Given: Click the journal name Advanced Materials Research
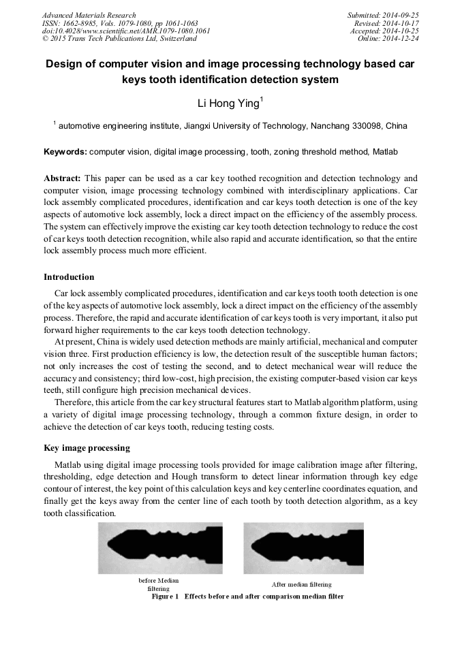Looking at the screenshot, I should click(x=89, y=15).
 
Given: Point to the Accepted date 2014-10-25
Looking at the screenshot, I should click(x=402, y=31).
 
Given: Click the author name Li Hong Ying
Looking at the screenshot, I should click(x=228, y=103).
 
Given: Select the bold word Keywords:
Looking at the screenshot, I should click(x=65, y=151).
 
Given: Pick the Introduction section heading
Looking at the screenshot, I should click(x=69, y=277).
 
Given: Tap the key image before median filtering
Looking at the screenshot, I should click(x=160, y=549).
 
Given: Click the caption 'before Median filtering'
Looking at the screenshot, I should click(x=159, y=584).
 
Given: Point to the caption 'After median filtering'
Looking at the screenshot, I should click(x=302, y=584).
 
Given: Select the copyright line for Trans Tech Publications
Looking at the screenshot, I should click(x=119, y=39).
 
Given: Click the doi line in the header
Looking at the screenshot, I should click(x=125, y=31).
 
